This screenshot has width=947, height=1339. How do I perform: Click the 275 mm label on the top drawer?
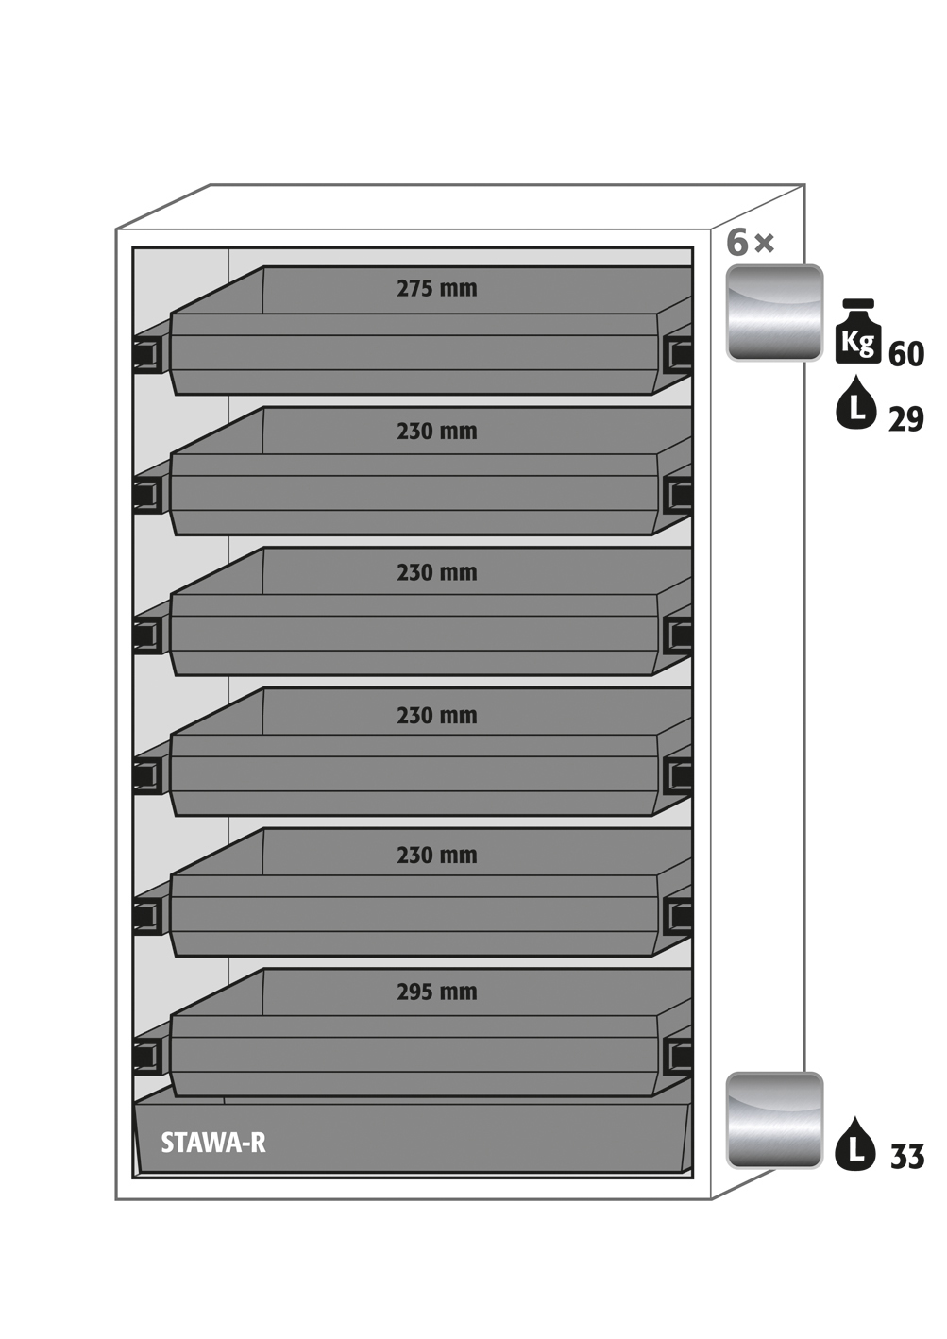436,288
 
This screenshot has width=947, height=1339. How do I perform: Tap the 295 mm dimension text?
436,992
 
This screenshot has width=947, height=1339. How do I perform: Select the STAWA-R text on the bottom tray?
212,1143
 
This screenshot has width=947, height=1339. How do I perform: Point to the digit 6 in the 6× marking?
737,243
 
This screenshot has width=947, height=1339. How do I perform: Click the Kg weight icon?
857,333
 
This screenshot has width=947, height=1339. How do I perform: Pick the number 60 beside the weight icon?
906,354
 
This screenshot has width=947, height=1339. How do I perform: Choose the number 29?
905,419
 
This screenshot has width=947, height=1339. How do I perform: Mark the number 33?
907,1157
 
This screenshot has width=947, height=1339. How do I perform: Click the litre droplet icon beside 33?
855,1144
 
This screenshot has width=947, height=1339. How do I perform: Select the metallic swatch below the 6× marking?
774,313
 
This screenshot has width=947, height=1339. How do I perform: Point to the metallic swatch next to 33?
774,1120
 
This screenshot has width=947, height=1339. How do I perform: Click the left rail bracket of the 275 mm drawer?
147,355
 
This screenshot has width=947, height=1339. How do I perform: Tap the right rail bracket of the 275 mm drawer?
678,354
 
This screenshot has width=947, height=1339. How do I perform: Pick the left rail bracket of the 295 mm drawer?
147,1056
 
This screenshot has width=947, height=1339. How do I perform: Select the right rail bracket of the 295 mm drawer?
678,1055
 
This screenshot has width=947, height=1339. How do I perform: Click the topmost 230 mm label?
436,432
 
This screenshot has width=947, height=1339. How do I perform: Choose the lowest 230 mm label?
436,856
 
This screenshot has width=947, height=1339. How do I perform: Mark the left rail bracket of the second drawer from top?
147,495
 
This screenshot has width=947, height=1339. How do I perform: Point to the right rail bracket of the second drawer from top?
678,494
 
